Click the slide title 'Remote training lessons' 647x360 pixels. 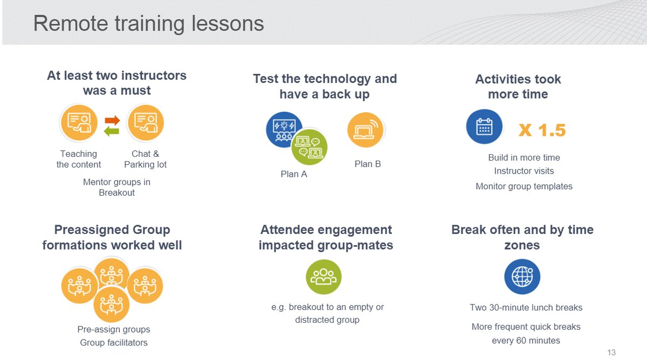tap(148, 24)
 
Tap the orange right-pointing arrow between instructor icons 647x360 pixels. tap(112, 120)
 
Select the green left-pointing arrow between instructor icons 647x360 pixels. tap(112, 131)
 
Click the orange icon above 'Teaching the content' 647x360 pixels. tap(79, 123)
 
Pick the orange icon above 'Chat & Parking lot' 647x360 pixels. tap(145, 123)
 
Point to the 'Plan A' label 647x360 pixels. tap(294, 174)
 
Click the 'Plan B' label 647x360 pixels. tap(368, 164)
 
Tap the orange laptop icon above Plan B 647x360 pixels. tap(366, 130)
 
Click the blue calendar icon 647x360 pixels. tap(484, 127)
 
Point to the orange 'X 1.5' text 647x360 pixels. tap(542, 130)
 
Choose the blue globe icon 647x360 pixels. tap(522, 277)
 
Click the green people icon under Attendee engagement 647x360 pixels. tap(323, 277)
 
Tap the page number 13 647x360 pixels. tap(611, 352)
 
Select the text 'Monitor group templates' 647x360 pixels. tap(524, 186)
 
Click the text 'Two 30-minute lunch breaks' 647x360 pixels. tap(526, 308)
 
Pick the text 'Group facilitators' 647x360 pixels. tap(114, 343)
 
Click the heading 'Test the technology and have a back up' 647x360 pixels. tap(325, 86)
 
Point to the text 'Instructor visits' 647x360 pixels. tap(524, 171)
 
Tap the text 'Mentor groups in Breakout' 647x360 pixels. tap(116, 187)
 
